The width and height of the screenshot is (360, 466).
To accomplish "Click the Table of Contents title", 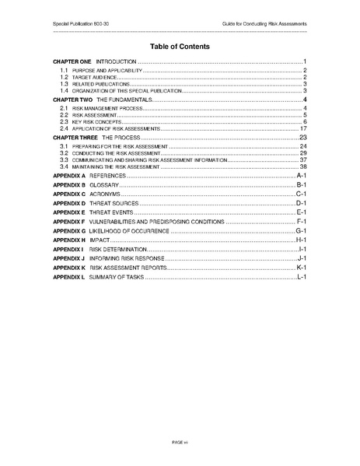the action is coord(180,46).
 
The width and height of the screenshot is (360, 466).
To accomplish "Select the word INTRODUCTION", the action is coord(116,61).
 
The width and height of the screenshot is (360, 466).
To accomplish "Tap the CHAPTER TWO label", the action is coord(72,100).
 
